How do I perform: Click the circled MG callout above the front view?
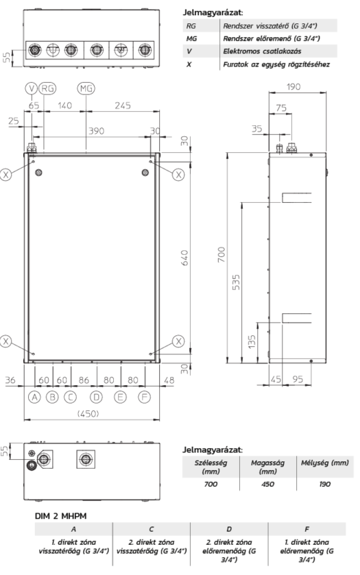tap(86, 88)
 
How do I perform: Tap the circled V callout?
tap(32, 88)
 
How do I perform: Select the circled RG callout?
tap(47, 88)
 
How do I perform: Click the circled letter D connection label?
tap(96, 397)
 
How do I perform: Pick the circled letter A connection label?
tap(34, 397)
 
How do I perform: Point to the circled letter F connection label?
tap(145, 397)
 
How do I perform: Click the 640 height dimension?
tap(184, 258)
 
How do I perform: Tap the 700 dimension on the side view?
tap(221, 254)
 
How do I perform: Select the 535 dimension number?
tap(236, 282)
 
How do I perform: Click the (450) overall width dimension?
tap(88, 414)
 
